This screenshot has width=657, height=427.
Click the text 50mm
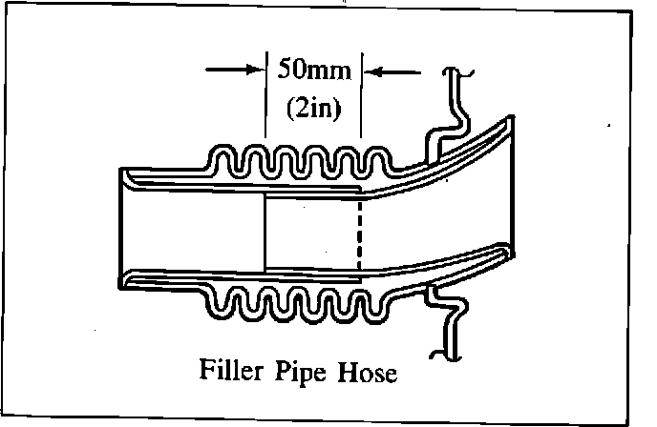pyautogui.click(x=312, y=70)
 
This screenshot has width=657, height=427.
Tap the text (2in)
pyautogui.click(x=312, y=107)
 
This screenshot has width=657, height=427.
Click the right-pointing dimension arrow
pyautogui.click(x=234, y=70)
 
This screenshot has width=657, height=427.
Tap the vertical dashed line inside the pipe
pyautogui.click(x=359, y=234)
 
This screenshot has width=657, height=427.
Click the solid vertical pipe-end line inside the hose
pyautogui.click(x=265, y=234)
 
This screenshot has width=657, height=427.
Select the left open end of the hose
pyautogui.click(x=124, y=229)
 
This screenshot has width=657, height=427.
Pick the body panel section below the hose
pyautogui.click(x=449, y=319)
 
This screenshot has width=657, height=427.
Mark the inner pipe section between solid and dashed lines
pyautogui.click(x=311, y=234)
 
